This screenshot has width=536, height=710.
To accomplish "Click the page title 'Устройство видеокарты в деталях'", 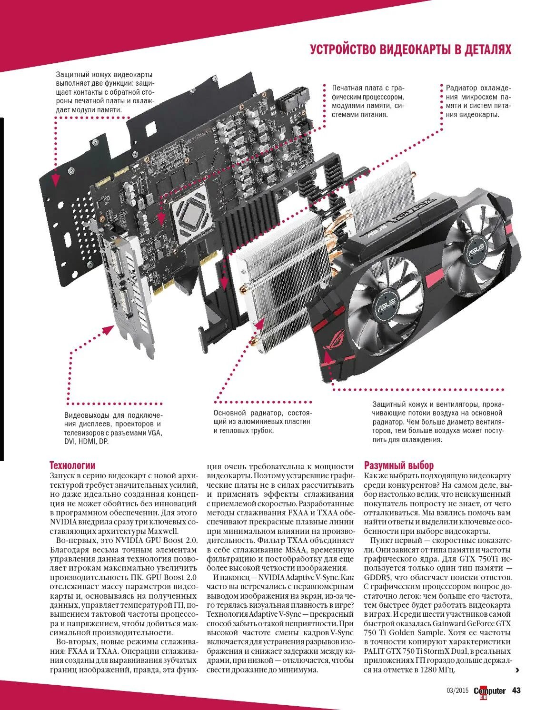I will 410,49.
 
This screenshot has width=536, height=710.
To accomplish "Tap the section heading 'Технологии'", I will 72,465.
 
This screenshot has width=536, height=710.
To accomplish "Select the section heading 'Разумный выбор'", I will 399,465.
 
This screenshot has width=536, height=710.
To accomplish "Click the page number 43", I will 517,690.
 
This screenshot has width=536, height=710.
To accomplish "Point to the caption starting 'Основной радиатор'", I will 262,422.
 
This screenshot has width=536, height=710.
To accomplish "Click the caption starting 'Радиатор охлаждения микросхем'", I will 478,101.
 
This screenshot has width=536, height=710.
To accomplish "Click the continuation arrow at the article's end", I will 517,670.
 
